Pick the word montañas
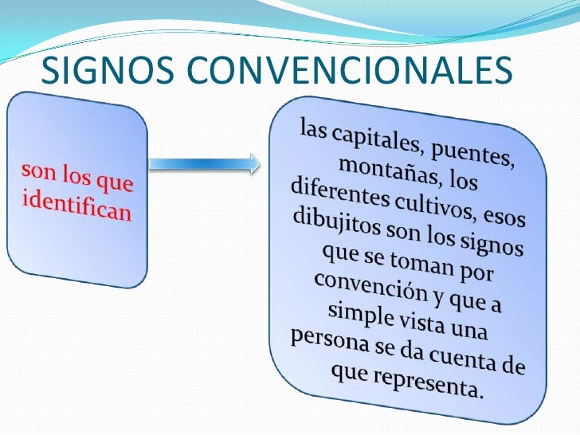click(378, 170)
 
